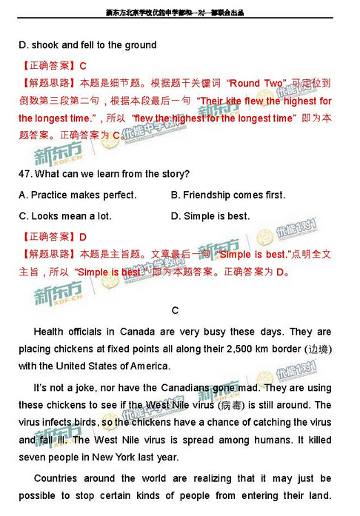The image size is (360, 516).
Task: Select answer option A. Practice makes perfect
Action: click(x=77, y=195)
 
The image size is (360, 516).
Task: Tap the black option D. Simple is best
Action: click(x=210, y=216)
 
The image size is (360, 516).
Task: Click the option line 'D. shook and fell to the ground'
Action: click(x=87, y=45)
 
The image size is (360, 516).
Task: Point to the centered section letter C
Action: click(x=175, y=309)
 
